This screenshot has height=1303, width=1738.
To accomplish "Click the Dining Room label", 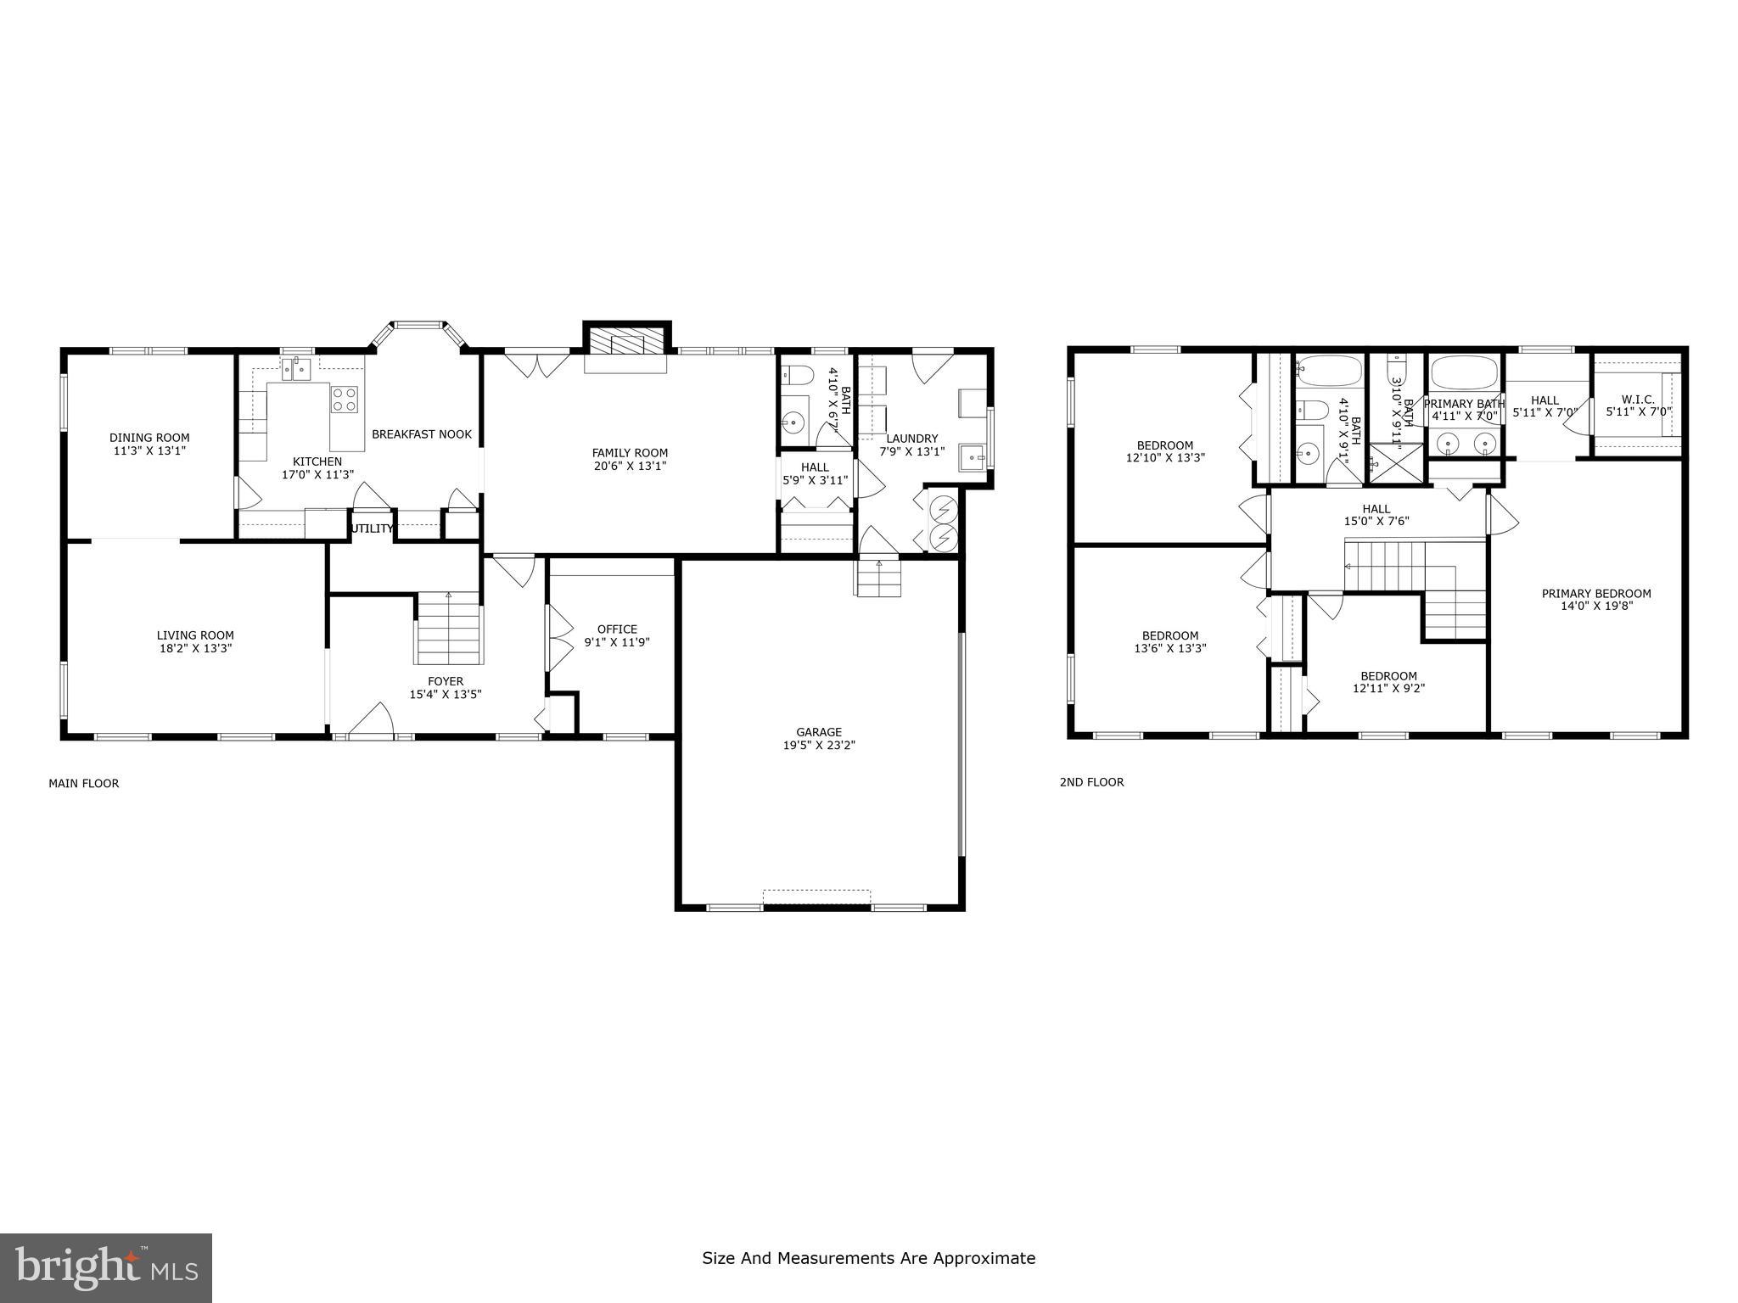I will click(x=149, y=438).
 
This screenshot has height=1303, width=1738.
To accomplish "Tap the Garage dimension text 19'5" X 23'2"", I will click(x=819, y=746).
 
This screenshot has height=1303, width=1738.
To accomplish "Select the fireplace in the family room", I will click(x=626, y=344).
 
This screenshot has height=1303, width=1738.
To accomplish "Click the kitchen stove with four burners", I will click(x=344, y=399).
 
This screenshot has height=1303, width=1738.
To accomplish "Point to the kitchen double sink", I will click(x=296, y=369).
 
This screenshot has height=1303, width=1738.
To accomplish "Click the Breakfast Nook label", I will click(x=421, y=434).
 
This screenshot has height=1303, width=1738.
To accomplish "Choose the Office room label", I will click(x=617, y=629).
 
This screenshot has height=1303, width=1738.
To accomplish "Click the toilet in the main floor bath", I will click(x=796, y=374).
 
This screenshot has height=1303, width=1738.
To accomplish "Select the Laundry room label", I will click(x=912, y=439).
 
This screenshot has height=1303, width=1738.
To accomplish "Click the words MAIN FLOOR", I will click(x=83, y=783).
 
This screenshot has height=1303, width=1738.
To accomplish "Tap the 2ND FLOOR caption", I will click(x=1091, y=782).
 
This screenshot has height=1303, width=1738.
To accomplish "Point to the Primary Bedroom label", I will click(x=1596, y=594).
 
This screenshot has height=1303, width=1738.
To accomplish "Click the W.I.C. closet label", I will click(x=1638, y=399).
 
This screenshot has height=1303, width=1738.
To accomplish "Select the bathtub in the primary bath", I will click(x=1463, y=372).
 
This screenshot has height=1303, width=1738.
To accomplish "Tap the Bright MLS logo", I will click(x=106, y=1267).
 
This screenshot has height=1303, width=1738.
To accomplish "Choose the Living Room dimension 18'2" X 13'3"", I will click(x=194, y=648).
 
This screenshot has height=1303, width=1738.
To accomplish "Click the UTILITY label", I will click(x=373, y=528).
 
